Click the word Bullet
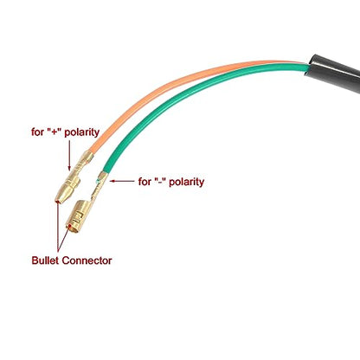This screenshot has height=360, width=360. click(x=46, y=260)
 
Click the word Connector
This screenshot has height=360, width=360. click(x=87, y=260)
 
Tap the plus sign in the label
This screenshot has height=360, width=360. click(x=55, y=132)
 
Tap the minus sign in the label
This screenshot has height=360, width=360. click(x=160, y=182)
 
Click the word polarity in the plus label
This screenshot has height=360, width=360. click(x=82, y=132)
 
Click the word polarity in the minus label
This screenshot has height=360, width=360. click(x=187, y=183)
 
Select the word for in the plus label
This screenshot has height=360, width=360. click(x=37, y=132)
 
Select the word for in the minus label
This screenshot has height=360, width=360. click(x=145, y=182)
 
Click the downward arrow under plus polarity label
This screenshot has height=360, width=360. click(x=69, y=154)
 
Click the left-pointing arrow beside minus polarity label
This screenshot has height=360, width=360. click(x=122, y=181)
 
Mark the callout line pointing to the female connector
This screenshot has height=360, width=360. click(x=63, y=238)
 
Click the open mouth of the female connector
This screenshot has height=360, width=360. click(x=71, y=228)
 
